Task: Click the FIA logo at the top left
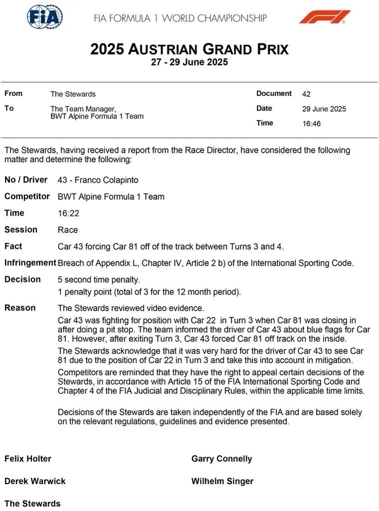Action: (45, 17)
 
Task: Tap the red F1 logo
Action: (325, 17)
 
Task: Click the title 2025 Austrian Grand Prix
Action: (189, 49)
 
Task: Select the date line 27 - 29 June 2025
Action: (189, 62)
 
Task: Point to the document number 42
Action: (306, 94)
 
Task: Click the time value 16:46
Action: (311, 123)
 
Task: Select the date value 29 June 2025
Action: (324, 109)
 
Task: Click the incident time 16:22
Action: (68, 213)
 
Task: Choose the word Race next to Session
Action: (68, 230)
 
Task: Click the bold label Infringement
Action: (30, 263)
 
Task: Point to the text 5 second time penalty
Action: (99, 280)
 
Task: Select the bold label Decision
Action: (22, 279)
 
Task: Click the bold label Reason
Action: (20, 308)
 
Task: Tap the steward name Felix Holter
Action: (28, 459)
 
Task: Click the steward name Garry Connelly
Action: (221, 459)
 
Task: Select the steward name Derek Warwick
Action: (35, 481)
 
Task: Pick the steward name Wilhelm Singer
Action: (222, 481)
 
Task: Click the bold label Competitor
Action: (27, 196)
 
